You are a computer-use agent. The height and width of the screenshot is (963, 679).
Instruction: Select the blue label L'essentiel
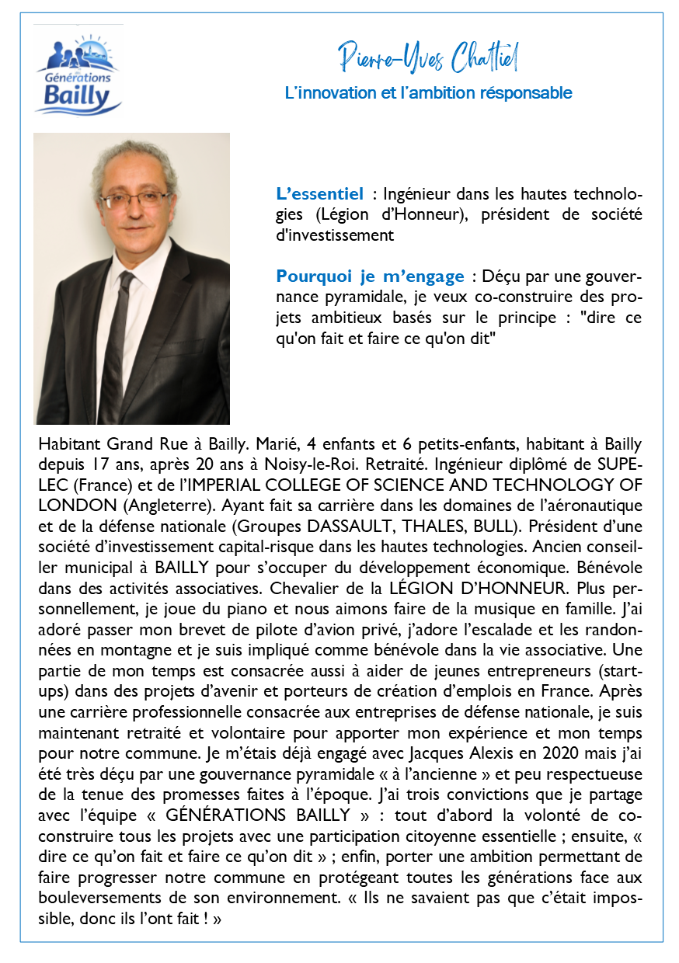[x=319, y=193]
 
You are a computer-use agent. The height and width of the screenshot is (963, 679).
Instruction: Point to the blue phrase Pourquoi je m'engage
[x=370, y=276]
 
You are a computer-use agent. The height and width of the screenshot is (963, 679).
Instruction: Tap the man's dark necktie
[x=117, y=342]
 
